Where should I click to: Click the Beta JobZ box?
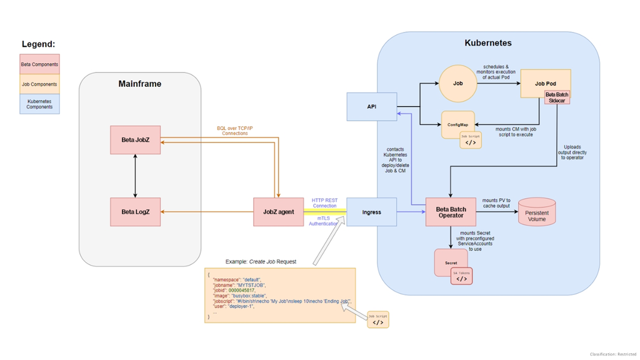[x=136, y=140]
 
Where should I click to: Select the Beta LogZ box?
[x=136, y=212]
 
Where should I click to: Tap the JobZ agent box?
[x=278, y=212]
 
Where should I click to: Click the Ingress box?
[x=371, y=212]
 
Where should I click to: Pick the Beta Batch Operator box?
[x=451, y=212]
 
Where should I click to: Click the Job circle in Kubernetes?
[x=457, y=83]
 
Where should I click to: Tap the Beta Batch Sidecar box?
[x=556, y=97]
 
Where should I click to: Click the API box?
[x=371, y=106]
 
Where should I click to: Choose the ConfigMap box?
[x=458, y=125]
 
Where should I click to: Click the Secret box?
[x=451, y=263]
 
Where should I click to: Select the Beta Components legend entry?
[x=39, y=64]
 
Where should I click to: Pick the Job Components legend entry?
[x=39, y=84]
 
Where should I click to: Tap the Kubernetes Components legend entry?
[x=39, y=104]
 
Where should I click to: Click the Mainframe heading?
[x=139, y=84]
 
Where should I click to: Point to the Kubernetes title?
[x=487, y=43]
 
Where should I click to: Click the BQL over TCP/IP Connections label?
[x=235, y=131]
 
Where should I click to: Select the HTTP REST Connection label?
[x=324, y=203]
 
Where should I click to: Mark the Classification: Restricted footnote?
[x=612, y=354]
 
